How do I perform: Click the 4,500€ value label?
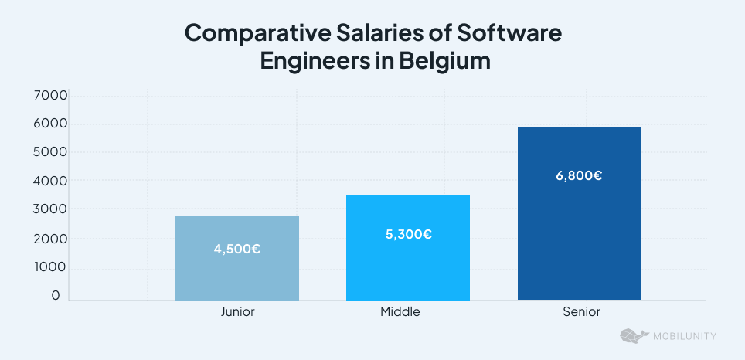236,250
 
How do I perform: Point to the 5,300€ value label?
408,234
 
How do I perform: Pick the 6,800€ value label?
579,175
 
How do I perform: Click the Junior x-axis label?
237,312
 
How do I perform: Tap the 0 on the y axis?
56,296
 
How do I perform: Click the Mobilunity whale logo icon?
632,336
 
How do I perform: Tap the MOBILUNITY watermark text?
683,336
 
